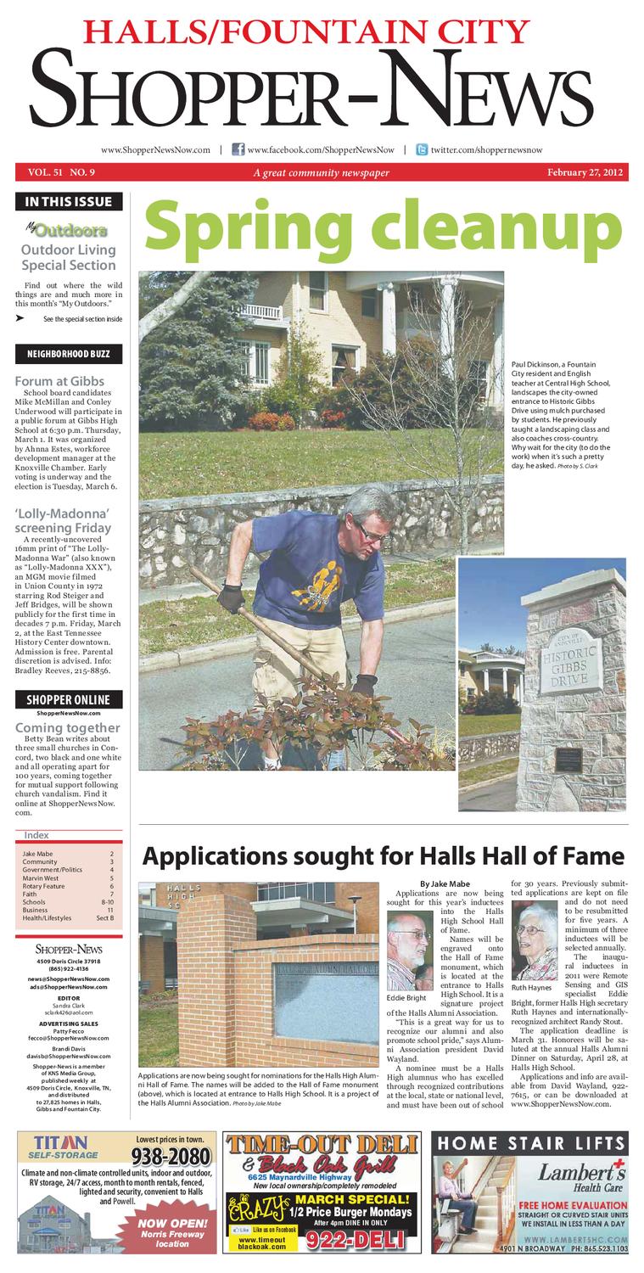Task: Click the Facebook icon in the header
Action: tap(238, 149)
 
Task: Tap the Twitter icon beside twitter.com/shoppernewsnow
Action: tap(421, 149)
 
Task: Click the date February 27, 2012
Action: tap(585, 172)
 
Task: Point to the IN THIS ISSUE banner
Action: tap(69, 202)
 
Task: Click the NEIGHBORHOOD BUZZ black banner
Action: tap(69, 353)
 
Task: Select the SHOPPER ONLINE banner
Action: tap(69, 699)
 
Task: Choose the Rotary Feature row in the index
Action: tap(44, 886)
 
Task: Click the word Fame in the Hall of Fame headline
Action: tap(588, 855)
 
